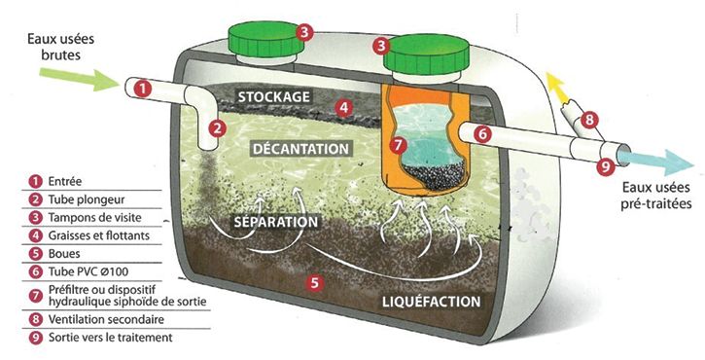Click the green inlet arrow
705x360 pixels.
pos(78,78)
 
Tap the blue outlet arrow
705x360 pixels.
pos(655,161)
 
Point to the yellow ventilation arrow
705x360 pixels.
pos(555,88)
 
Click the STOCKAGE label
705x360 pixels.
pos(274,96)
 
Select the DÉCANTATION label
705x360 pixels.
pos(300,149)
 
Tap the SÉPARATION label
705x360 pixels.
pos(276,222)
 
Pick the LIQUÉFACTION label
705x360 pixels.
pos(431,301)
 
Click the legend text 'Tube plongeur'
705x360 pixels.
pos(87,199)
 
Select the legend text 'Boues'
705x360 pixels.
pos(64,254)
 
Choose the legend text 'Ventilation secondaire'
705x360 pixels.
pos(106,319)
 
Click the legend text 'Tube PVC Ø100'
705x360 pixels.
pos(88,271)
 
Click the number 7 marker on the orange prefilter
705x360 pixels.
pos(399,145)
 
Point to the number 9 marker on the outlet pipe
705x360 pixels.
pos(606,167)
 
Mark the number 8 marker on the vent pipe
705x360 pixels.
pos(589,120)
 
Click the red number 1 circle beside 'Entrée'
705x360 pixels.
pos(35,181)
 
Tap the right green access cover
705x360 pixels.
pos(427,54)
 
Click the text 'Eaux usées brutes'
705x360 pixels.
pos(60,47)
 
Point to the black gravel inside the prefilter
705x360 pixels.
pos(434,175)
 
